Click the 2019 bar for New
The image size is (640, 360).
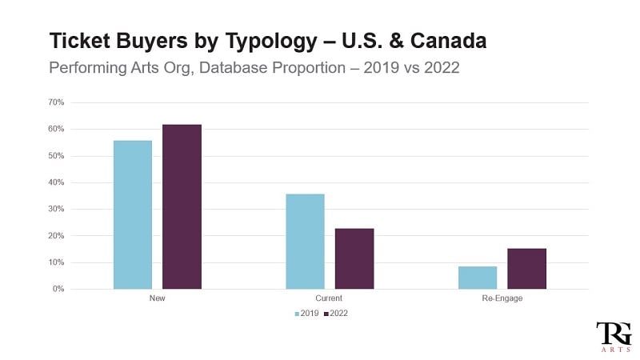[133, 214]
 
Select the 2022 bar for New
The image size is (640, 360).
[182, 206]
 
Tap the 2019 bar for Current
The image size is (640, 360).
[305, 241]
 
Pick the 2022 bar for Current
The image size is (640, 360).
[354, 258]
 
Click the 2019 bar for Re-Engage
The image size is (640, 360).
[478, 277]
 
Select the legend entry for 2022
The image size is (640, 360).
[335, 314]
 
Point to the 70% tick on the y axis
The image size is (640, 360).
[56, 102]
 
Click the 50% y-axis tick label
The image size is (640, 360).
[56, 156]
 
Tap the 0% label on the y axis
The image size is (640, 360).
[58, 289]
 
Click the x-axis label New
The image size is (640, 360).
[157, 298]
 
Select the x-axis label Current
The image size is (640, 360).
[330, 298]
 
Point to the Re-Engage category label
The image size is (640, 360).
[502, 298]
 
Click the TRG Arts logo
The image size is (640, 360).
[613, 336]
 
